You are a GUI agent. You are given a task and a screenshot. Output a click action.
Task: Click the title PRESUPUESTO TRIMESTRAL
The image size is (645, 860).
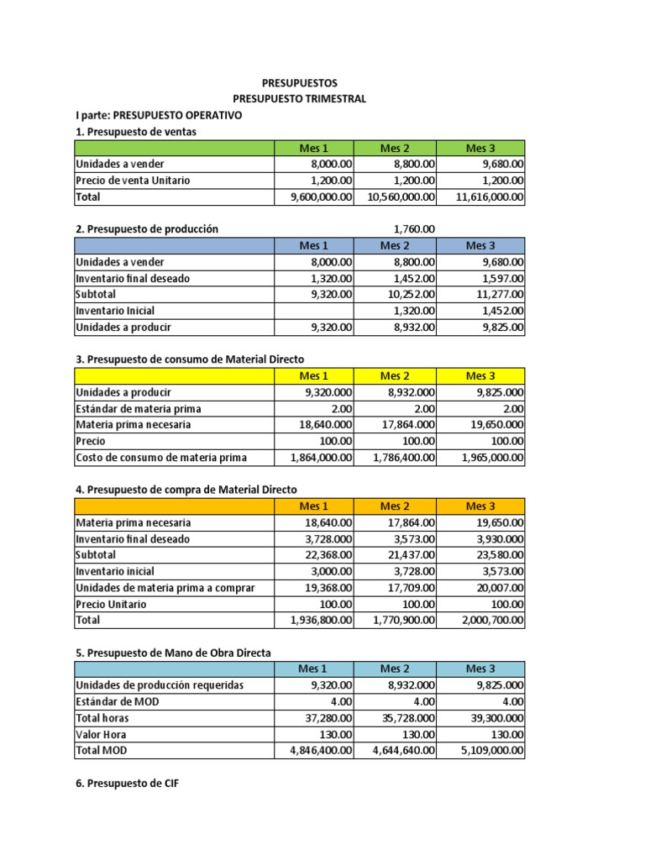pyautogui.click(x=300, y=99)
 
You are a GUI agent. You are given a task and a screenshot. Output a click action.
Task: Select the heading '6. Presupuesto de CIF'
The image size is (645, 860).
pyautogui.click(x=127, y=784)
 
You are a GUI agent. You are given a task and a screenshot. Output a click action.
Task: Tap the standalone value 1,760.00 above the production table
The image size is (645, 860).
pyautogui.click(x=414, y=228)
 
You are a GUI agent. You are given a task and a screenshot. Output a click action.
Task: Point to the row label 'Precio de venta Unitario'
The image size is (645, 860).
pyautogui.click(x=133, y=181)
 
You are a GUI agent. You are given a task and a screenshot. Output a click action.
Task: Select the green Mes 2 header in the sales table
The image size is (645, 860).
pyautogui.click(x=396, y=149)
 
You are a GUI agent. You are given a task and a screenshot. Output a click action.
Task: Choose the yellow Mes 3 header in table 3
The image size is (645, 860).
pyautogui.click(x=481, y=375)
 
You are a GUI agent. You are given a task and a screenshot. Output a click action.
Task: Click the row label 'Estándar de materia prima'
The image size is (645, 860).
pyautogui.click(x=139, y=409)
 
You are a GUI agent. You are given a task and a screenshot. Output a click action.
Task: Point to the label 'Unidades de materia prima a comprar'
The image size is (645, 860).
pyautogui.click(x=165, y=588)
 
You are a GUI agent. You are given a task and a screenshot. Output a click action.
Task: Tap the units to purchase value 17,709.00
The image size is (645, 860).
pyautogui.click(x=406, y=588)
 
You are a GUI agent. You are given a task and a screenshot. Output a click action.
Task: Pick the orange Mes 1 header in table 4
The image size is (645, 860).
pyautogui.click(x=314, y=506)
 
